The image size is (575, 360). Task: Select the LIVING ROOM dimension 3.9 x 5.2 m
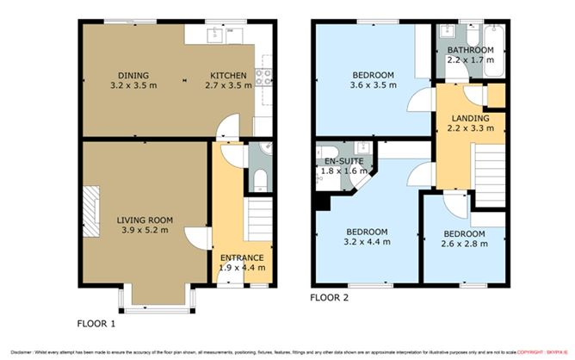142,230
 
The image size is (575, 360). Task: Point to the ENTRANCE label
241,258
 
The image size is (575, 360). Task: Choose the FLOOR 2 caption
331,300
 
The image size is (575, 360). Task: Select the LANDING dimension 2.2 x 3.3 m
470,128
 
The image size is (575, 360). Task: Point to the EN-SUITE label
342,161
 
